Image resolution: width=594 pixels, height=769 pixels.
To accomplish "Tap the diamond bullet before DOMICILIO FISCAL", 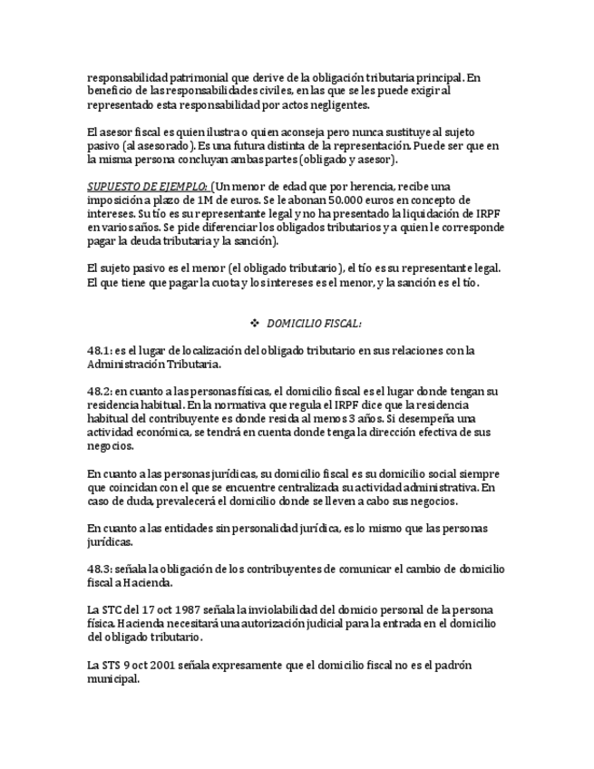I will [255, 323].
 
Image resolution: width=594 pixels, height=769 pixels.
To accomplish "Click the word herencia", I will [369, 186].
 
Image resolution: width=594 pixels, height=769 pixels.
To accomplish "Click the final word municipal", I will [113, 678].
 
